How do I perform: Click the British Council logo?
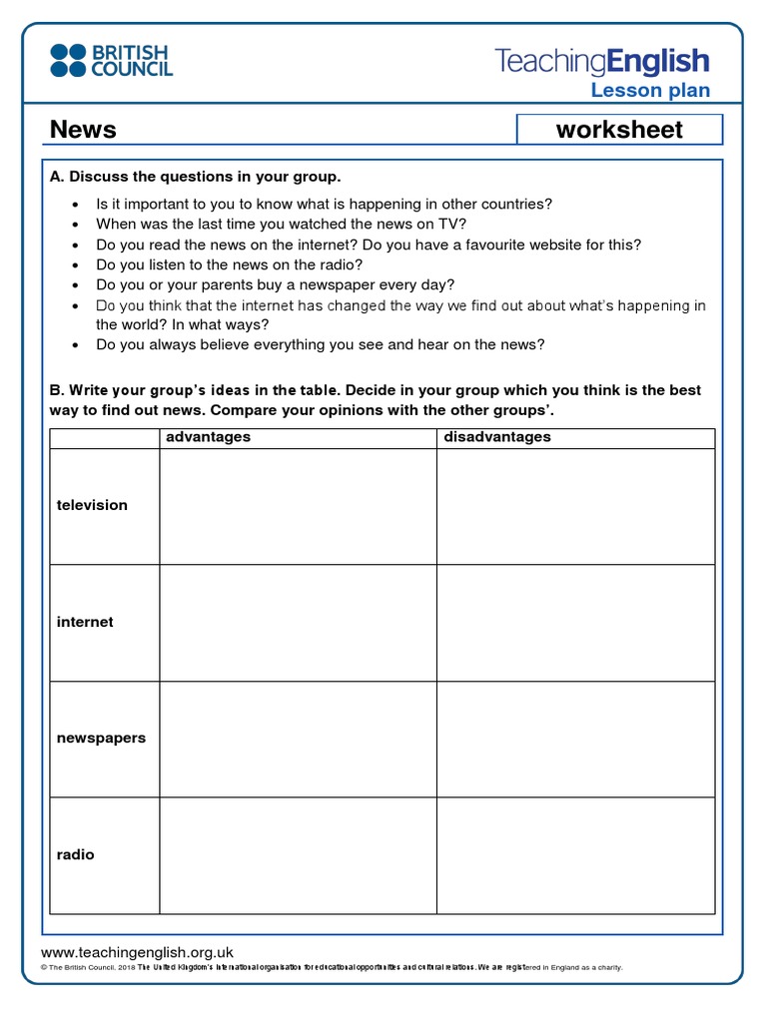click(x=111, y=60)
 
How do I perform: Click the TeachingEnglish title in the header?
click(x=602, y=62)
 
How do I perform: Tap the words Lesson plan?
click(x=650, y=91)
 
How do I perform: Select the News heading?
click(x=83, y=130)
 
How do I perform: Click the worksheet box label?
click(x=619, y=130)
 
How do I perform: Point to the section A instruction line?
click(x=195, y=177)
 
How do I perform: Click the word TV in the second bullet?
click(x=447, y=224)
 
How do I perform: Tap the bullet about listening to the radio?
click(x=230, y=264)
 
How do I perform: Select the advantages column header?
click(x=208, y=437)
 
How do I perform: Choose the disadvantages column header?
click(x=496, y=437)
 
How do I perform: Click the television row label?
click(x=92, y=505)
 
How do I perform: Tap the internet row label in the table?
click(x=85, y=622)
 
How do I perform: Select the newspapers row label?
click(x=101, y=738)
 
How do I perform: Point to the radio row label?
click(x=76, y=854)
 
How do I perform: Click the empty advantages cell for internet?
click(x=297, y=623)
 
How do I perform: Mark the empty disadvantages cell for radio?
click(x=575, y=855)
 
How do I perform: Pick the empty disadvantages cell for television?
click(x=575, y=506)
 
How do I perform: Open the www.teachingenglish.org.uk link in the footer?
click(x=137, y=953)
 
